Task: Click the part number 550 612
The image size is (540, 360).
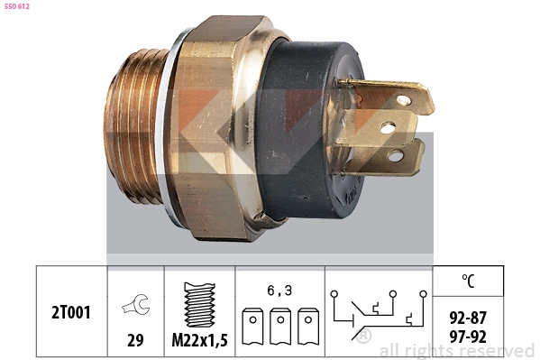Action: (x=17, y=6)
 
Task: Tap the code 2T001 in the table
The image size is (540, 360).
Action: (x=71, y=312)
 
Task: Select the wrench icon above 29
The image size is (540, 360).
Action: (x=135, y=305)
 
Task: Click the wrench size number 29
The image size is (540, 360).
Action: (x=135, y=340)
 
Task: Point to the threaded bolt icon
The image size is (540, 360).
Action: (x=200, y=305)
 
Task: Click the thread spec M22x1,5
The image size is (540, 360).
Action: (x=200, y=340)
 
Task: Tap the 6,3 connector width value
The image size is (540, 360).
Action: (x=279, y=291)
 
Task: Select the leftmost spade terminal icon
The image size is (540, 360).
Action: (x=252, y=327)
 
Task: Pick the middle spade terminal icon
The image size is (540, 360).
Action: (x=280, y=327)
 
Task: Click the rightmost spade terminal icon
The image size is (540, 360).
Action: (x=308, y=327)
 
